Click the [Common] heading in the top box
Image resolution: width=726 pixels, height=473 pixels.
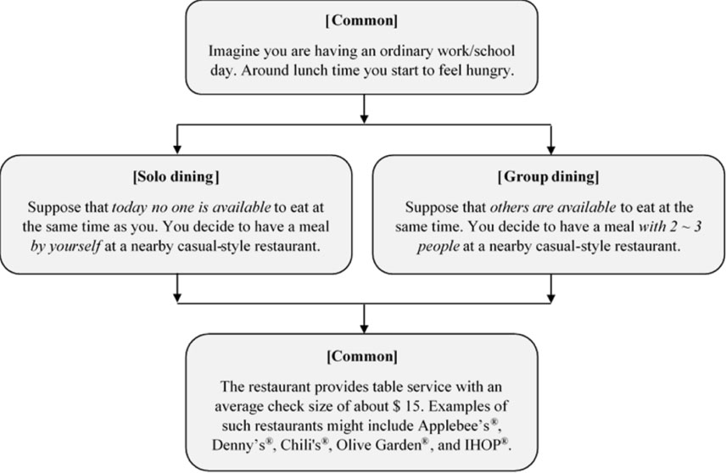click(x=361, y=21)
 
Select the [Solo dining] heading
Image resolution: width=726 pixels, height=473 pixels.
click(x=176, y=177)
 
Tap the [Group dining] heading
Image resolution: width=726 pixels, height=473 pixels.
click(x=548, y=177)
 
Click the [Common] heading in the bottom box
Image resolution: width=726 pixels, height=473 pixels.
click(x=361, y=357)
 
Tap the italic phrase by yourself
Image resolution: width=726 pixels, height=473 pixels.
click(x=66, y=246)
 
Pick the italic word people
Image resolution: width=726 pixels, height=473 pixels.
click(x=438, y=246)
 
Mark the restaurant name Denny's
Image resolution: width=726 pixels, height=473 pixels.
click(x=238, y=445)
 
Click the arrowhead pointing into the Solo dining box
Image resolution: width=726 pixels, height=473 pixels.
click(x=177, y=149)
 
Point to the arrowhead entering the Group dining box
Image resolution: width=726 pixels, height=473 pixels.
click(x=551, y=149)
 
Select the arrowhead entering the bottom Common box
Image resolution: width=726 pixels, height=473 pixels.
click(x=364, y=329)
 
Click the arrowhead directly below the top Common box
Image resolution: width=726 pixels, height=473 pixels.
click(x=364, y=119)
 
